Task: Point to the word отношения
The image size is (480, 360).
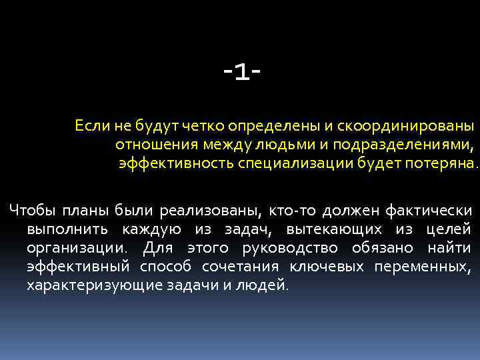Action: tap(149, 144)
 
